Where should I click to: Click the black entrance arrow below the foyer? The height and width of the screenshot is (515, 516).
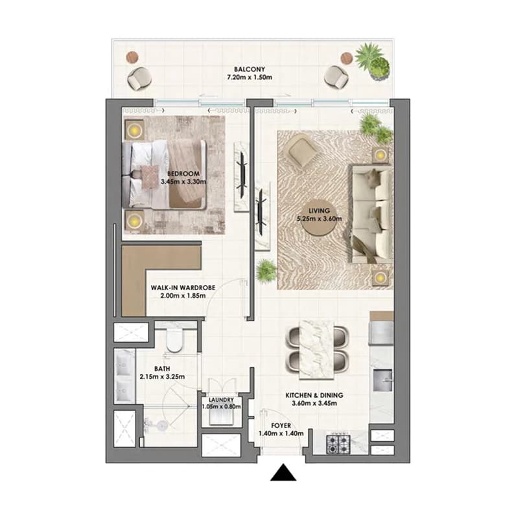coord(283,473)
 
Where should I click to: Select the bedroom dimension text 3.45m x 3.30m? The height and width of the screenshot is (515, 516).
coord(183,181)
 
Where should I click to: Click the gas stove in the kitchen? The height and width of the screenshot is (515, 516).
coord(338,444)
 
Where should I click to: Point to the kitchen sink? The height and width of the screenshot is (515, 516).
coord(382,380)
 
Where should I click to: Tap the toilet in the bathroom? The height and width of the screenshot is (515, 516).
coord(174,339)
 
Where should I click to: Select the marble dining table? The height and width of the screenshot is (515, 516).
coord(316,349)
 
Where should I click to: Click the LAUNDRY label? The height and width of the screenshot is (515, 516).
coord(221,400)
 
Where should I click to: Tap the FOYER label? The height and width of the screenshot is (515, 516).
coord(281,426)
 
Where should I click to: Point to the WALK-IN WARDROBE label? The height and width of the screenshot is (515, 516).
coord(183,288)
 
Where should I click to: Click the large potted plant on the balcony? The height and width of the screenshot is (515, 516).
coord(373,61)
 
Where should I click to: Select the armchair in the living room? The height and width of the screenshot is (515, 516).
coord(303,150)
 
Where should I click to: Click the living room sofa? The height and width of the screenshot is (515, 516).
coord(372,214)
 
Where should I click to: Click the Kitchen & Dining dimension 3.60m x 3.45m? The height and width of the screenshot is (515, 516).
coord(314,403)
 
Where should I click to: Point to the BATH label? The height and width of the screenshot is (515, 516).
coord(162,369)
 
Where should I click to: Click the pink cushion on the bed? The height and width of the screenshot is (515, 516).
coord(150,177)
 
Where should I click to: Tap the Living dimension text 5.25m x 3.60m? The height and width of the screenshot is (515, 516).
coord(319,219)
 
